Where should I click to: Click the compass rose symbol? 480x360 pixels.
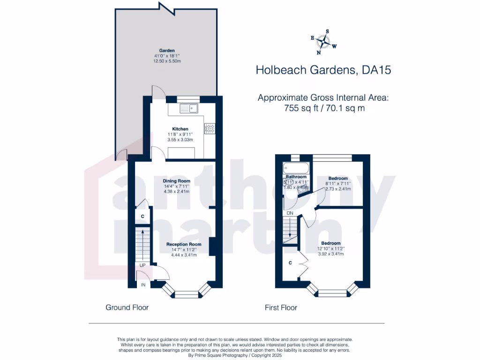[323, 42]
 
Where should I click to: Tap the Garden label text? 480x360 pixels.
[167, 50]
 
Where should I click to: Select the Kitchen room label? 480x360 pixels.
[180, 129]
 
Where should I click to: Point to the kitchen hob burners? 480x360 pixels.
[210, 127]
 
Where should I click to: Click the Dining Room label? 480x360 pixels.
[176, 181]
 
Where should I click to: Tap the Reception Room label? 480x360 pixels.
[184, 244]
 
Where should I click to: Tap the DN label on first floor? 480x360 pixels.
[290, 213]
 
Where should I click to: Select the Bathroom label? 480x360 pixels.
[296, 177]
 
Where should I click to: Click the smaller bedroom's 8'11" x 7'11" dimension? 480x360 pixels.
[338, 184]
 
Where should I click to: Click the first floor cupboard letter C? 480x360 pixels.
[291, 263]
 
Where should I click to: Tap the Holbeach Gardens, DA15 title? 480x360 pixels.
[323, 70]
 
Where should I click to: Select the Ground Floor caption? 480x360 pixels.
[127, 307]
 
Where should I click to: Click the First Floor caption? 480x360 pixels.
[281, 307]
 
